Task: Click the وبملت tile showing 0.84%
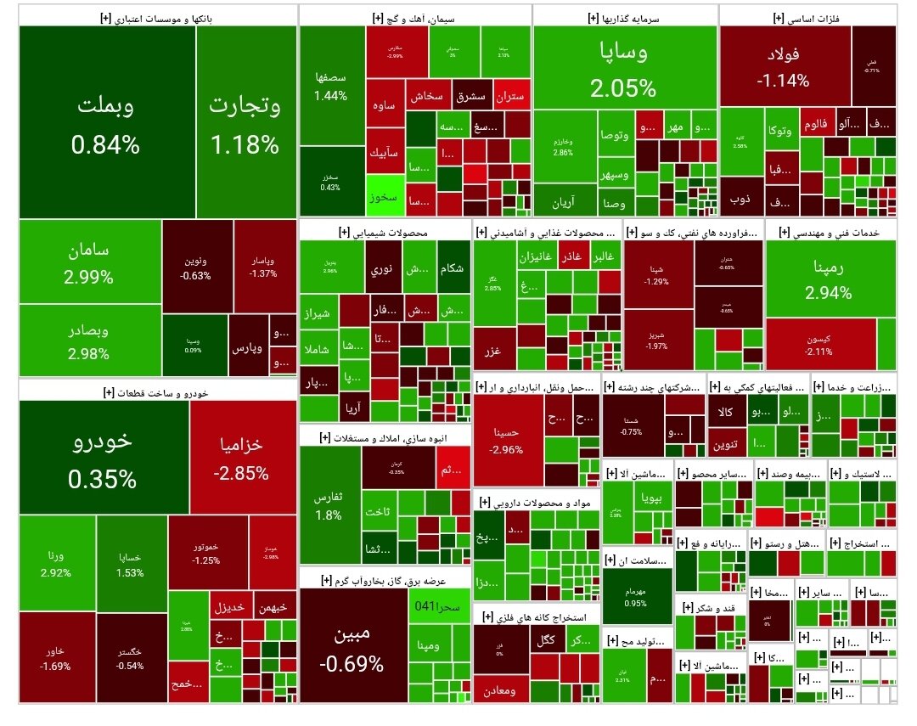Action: click(x=105, y=123)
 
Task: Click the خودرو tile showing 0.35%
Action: click(x=102, y=459)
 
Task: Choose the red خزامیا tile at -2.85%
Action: click(x=242, y=459)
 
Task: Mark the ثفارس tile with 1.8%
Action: click(x=329, y=505)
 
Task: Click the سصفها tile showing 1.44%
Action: click(x=330, y=85)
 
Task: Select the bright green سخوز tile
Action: click(x=382, y=196)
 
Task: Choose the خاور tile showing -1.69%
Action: click(x=54, y=658)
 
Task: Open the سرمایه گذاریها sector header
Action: click(x=625, y=16)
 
